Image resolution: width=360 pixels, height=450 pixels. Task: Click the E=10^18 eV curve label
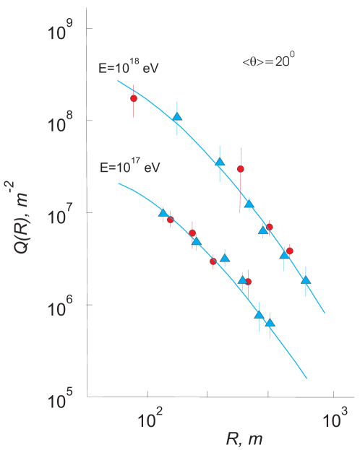point(129,69)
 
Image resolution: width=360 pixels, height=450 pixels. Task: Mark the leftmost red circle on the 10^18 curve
point(133,98)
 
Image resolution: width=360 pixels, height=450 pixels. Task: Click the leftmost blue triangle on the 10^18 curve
point(177,117)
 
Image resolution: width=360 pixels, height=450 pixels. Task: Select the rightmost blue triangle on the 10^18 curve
point(306,280)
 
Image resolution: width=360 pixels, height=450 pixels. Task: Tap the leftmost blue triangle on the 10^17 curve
point(163,212)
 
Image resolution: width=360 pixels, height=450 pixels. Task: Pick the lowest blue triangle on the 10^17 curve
point(270,323)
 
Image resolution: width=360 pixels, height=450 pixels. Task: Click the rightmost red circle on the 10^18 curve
point(289,251)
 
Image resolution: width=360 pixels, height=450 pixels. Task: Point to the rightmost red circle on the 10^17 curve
point(248,282)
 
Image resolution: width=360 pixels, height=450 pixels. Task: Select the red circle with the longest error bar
point(241,169)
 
